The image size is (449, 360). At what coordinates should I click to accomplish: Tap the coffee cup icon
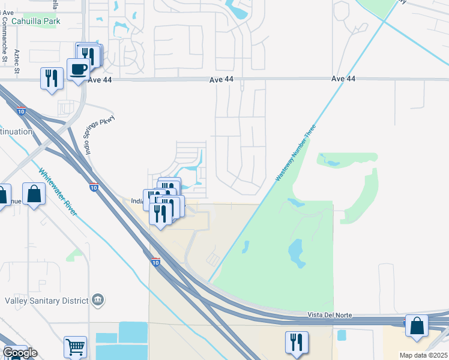(x=78, y=70)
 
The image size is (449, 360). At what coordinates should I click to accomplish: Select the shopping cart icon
(x=75, y=346)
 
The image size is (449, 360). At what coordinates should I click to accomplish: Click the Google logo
(x=20, y=353)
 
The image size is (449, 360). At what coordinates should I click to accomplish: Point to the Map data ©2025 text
(x=423, y=355)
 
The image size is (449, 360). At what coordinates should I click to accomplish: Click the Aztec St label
(x=17, y=61)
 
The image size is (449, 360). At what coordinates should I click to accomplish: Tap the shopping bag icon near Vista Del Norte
(x=417, y=325)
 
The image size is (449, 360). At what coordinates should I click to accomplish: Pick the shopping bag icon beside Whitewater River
(x=34, y=194)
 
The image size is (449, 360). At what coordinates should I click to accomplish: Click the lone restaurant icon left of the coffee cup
(x=51, y=78)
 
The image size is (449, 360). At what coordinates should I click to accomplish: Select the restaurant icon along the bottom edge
(x=296, y=342)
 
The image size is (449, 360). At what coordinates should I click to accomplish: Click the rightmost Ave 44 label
(x=343, y=79)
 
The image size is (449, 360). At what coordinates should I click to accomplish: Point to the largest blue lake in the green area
(x=295, y=254)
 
